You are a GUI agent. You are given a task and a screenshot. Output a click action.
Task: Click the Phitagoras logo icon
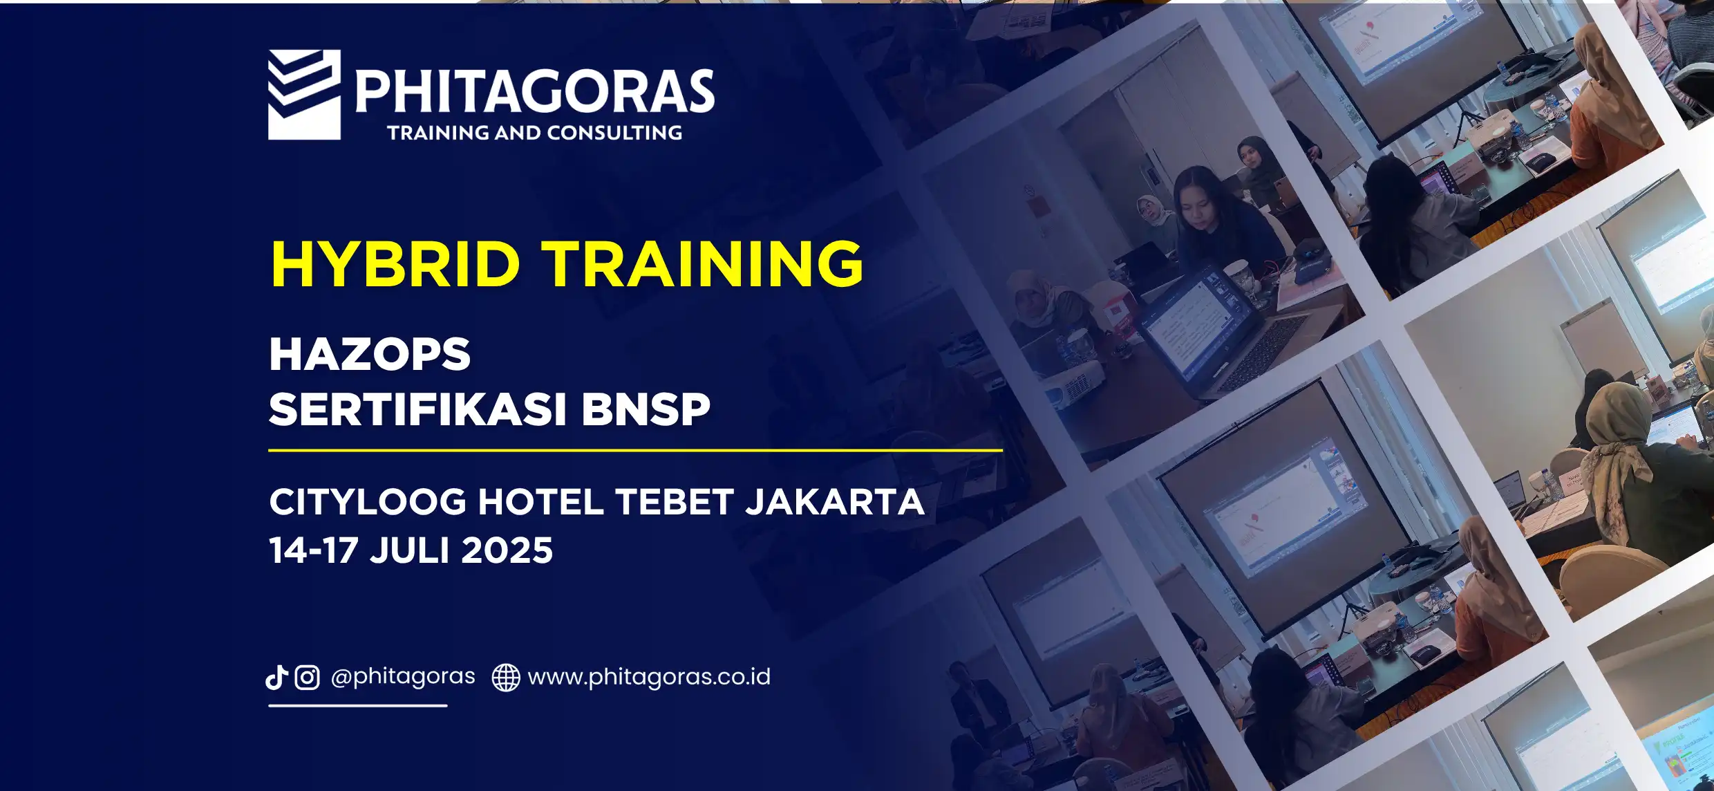[x=304, y=95]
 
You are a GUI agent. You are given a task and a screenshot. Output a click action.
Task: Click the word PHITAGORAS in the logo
[x=535, y=91]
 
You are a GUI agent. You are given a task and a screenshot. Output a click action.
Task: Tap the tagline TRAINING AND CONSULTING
[x=535, y=133]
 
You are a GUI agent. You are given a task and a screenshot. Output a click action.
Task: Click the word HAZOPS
[x=370, y=354]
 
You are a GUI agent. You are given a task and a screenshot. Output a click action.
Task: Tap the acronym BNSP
[x=646, y=409]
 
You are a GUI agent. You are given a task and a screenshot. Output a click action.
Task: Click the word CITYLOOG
[x=368, y=502]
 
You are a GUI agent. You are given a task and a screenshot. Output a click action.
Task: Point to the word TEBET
[x=674, y=502]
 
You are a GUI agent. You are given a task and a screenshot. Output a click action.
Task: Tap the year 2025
[x=507, y=551]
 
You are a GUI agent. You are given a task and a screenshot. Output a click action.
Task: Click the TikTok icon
[x=276, y=678]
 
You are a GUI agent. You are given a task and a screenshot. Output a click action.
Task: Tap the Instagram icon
[x=307, y=678]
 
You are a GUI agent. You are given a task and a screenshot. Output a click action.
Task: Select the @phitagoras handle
[x=403, y=677]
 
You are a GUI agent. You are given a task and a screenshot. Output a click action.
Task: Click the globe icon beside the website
[x=506, y=678]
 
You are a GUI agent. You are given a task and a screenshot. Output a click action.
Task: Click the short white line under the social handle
[x=358, y=706]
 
